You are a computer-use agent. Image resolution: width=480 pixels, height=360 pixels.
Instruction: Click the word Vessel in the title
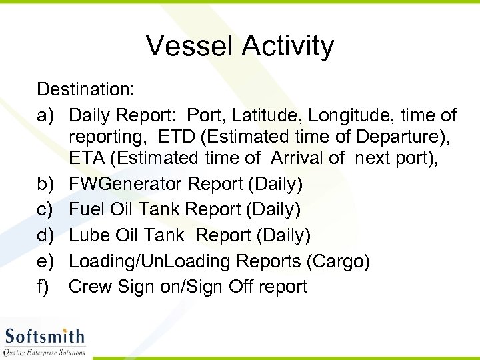tap(190, 47)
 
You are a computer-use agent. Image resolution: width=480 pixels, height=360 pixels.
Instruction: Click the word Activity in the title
tap(287, 47)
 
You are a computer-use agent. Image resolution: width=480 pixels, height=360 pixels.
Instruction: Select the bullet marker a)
tap(47, 115)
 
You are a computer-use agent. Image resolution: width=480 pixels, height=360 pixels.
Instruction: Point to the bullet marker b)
tap(47, 183)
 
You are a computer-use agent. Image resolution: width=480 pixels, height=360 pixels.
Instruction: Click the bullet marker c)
tap(46, 209)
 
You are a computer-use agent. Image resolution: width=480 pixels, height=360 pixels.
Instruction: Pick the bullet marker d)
tap(47, 235)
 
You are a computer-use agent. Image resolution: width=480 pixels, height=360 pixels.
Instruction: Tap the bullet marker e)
tap(47, 261)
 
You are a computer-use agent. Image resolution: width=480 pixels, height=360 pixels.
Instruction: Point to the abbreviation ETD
tap(179, 137)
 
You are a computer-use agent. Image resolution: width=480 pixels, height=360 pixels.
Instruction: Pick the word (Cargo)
tap(338, 261)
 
